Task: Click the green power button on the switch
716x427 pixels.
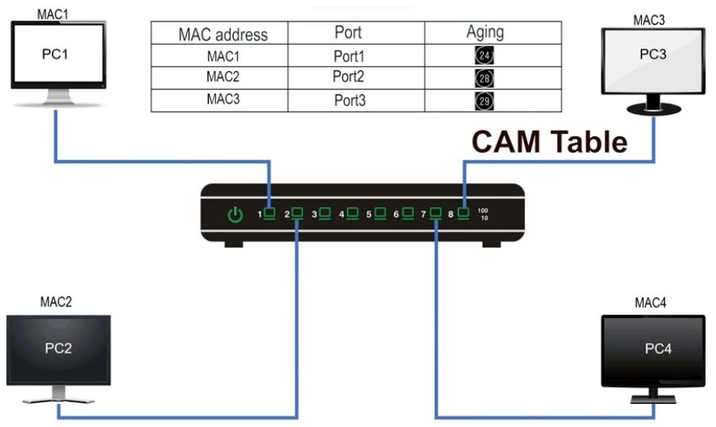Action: [235, 214]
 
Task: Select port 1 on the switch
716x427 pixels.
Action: [270, 213]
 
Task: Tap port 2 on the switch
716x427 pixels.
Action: [298, 213]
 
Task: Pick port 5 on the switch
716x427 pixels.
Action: [380, 213]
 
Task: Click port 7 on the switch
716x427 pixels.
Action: [436, 213]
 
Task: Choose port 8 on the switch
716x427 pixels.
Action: [464, 213]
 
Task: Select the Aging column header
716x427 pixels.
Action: [484, 33]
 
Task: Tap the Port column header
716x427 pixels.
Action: [348, 33]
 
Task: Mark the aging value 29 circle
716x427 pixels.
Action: [484, 100]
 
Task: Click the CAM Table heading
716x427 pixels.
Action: [549, 141]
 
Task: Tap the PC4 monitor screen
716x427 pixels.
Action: [652, 350]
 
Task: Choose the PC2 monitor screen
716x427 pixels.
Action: [58, 349]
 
